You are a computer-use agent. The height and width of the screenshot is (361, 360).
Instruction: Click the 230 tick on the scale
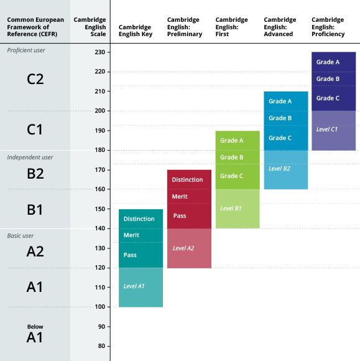99,52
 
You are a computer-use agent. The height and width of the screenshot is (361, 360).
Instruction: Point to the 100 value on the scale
99,307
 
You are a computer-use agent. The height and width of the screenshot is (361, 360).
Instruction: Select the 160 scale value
99,189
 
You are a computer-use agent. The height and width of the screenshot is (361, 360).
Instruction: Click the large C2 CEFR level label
35,79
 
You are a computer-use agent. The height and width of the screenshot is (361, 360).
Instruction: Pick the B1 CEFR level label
35,210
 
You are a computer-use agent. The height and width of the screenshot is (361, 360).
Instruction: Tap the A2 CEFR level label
35,251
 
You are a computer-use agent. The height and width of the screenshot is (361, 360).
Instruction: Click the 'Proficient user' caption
26,50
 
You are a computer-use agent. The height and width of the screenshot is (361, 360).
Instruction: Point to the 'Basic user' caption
21,236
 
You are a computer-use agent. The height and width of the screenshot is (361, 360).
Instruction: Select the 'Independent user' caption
30,157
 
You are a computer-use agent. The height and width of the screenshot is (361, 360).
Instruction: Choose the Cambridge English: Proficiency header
329,27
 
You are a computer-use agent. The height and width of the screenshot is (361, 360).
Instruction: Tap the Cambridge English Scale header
90,27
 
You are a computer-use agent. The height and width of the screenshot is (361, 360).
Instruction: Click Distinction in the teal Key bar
139,219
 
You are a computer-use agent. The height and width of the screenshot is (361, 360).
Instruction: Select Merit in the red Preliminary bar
179,197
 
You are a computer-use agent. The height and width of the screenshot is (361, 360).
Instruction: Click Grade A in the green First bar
232,141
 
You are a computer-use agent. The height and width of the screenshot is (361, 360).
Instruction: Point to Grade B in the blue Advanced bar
280,118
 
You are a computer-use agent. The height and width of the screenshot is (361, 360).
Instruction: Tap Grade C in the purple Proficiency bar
328,98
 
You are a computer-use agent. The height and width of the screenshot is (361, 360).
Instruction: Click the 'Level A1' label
134,286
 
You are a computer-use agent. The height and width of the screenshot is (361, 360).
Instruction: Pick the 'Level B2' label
279,168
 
